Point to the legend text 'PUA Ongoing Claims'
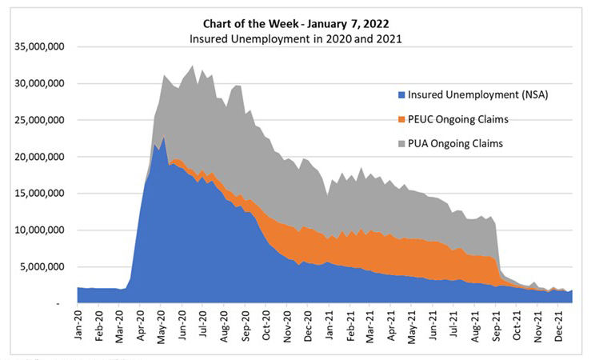pos(458,144)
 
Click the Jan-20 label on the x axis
pos(78,326)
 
